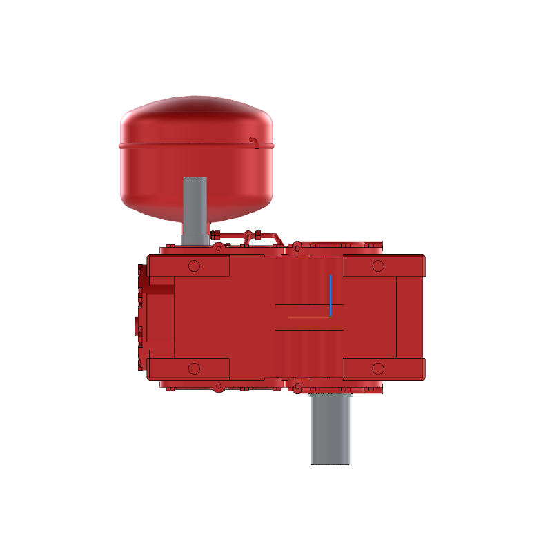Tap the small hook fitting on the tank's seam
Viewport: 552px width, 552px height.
(254, 142)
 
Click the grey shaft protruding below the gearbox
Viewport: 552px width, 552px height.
(331, 428)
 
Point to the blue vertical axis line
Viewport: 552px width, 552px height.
(331, 293)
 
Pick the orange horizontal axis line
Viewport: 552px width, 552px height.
(308, 317)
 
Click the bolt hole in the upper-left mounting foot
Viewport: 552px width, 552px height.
(194, 266)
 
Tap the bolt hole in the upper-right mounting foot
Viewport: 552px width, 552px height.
(377, 266)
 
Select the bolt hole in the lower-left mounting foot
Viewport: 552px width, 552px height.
(194, 368)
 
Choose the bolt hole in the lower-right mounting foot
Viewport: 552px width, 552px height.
(377, 368)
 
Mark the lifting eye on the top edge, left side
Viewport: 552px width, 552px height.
(219, 246)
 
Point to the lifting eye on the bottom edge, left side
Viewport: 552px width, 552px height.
(219, 387)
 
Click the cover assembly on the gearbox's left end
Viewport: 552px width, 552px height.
(141, 317)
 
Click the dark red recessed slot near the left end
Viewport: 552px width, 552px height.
(160, 289)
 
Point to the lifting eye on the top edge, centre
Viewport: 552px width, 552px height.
(297, 246)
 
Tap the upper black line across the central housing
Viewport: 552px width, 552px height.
(308, 304)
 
